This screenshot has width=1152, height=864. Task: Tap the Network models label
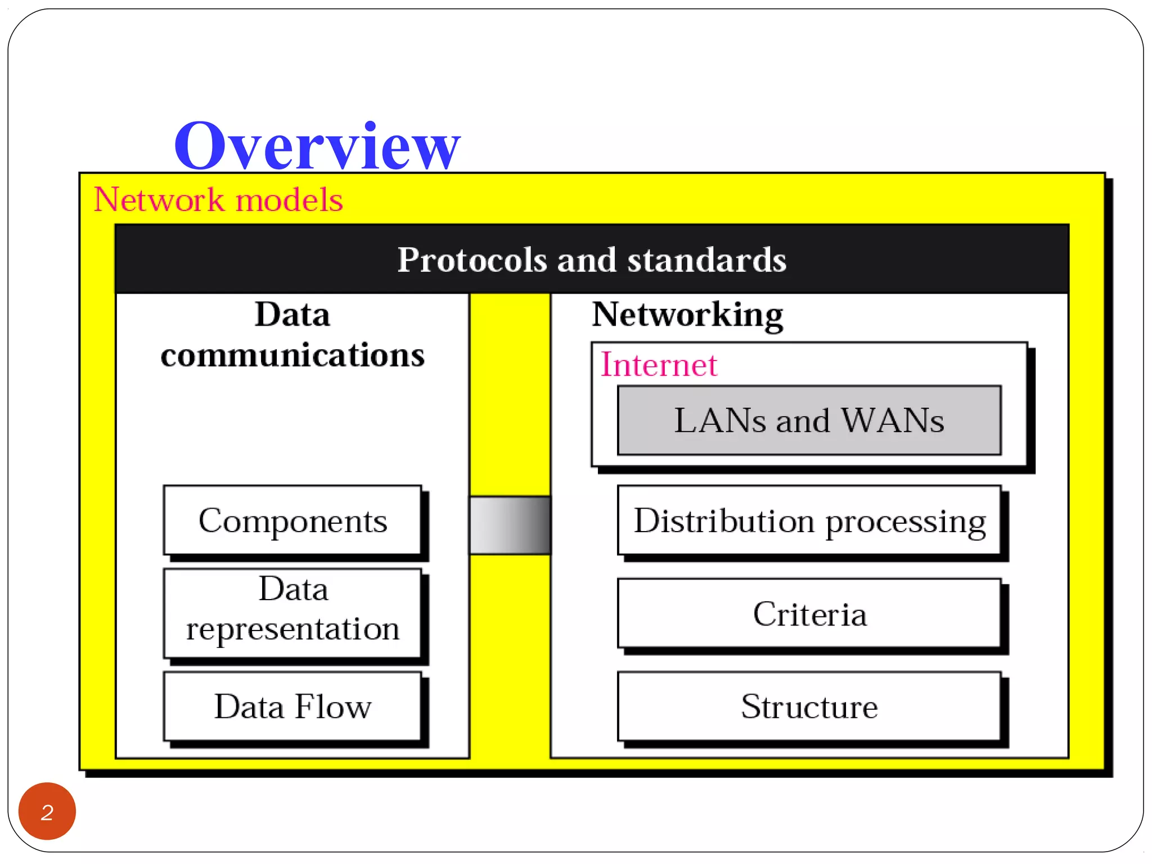click(218, 199)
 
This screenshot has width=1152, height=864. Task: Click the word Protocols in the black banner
click(472, 260)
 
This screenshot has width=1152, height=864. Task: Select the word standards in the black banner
click(706, 260)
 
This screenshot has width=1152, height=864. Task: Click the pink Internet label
click(659, 364)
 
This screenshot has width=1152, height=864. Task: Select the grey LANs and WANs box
click(809, 420)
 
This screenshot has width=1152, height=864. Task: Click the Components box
click(292, 520)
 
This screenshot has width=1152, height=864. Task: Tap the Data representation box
click(292, 613)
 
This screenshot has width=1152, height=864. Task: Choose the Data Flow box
click(292, 706)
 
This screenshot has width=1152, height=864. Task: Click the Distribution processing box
click(809, 520)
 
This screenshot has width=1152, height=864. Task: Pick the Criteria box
click(809, 614)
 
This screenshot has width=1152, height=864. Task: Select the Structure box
click(809, 706)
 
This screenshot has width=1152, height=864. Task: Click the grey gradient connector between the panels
click(510, 525)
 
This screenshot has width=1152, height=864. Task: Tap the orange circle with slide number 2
click(47, 811)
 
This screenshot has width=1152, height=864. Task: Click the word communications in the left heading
click(292, 355)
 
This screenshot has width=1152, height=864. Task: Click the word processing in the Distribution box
click(906, 521)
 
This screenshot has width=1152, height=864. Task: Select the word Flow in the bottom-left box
click(333, 706)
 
